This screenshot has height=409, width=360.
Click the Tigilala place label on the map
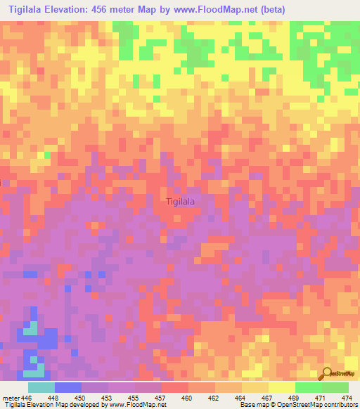pos(181,202)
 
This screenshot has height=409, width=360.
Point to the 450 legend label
pos(81,398)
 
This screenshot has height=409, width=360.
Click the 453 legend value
pos(108,398)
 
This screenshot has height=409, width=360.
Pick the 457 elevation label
pos(162,398)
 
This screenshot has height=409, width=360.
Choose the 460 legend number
pos(188,398)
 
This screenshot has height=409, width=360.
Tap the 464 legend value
pos(242,398)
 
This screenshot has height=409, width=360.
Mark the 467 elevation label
pos(269,398)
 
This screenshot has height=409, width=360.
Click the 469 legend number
pos(295,398)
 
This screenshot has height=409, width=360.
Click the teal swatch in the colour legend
pos(41,387)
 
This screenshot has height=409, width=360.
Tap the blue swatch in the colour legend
pos(67,387)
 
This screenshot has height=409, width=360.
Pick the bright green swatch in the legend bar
pos(308,387)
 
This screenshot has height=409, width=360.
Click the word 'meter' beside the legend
pos(10,398)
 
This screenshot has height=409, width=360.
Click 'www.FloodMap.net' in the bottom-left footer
pos(134,405)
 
